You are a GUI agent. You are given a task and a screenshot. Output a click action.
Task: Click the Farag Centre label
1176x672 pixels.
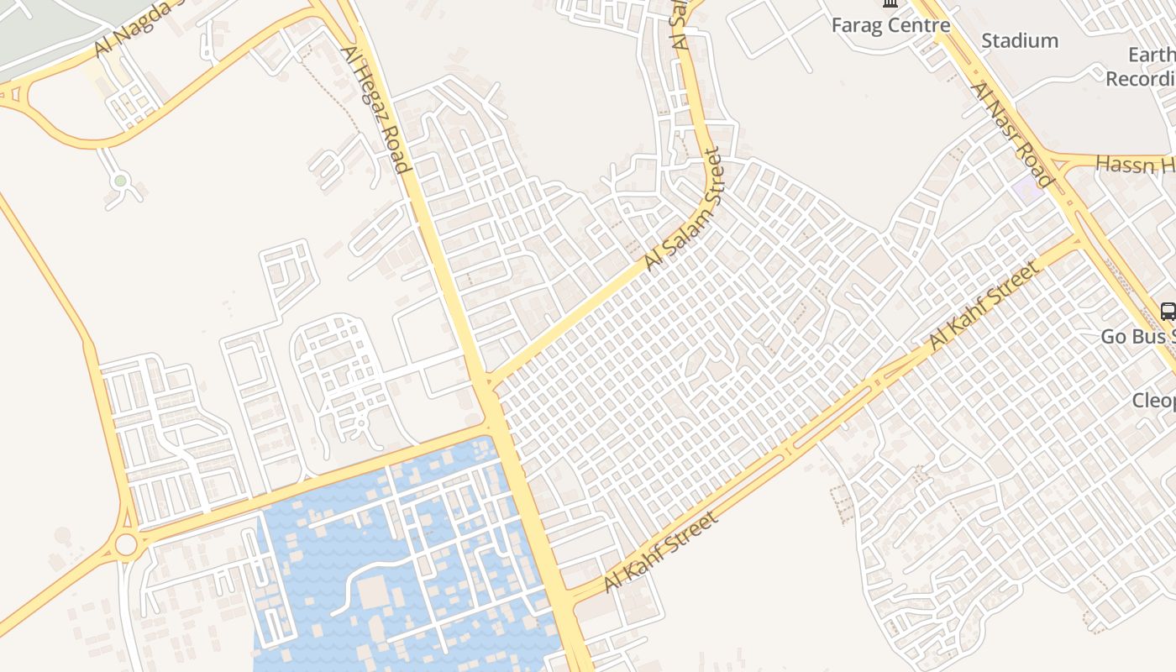[x=890, y=25]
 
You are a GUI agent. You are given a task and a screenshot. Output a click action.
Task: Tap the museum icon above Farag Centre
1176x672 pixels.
[x=890, y=3]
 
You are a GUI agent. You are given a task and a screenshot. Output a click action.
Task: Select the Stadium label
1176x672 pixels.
[x=1020, y=40]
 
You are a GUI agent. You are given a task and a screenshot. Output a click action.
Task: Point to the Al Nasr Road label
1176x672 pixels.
[x=1011, y=134]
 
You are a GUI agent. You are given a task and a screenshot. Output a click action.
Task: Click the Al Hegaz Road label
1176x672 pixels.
[x=375, y=109]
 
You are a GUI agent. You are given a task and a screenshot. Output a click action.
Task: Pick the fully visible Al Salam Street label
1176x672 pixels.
[x=683, y=210]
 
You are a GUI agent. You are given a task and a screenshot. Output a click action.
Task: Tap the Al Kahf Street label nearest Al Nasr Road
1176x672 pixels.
[x=984, y=306]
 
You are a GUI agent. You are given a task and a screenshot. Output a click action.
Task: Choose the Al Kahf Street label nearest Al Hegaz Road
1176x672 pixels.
[x=661, y=552]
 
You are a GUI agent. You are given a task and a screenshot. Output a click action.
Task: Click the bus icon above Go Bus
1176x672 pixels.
[x=1168, y=311]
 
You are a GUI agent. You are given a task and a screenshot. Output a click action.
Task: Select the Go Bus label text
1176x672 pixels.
[x=1138, y=337]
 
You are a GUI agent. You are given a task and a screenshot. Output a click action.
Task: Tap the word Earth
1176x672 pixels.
[x=1151, y=55]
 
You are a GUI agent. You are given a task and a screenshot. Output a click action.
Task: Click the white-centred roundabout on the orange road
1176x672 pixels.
[x=126, y=545]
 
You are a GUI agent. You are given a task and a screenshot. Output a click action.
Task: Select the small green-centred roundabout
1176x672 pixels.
[x=120, y=181]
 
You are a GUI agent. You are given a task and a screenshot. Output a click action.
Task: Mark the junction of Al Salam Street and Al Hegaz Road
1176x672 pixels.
[x=487, y=385]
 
